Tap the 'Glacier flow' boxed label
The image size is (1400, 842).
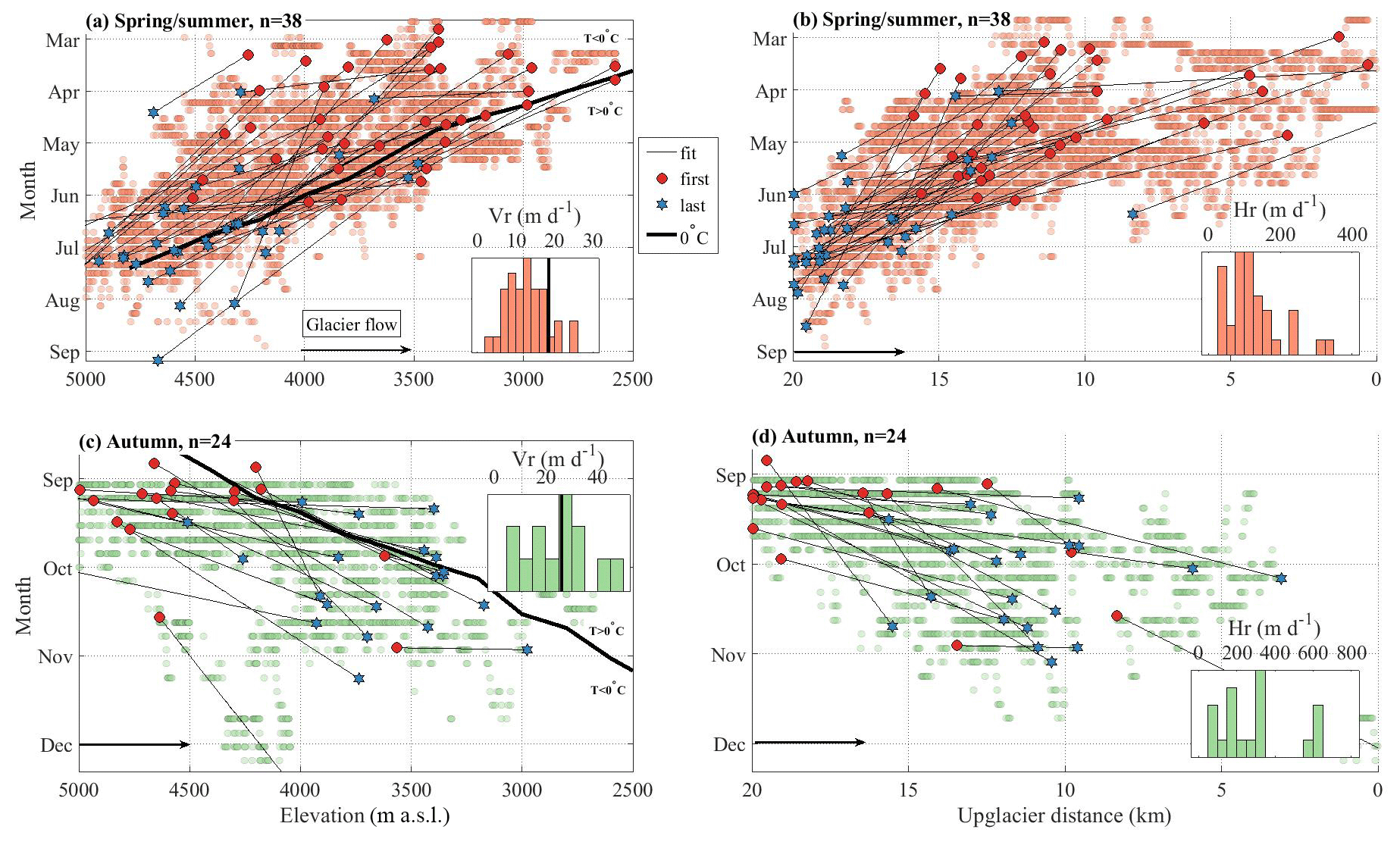(351, 324)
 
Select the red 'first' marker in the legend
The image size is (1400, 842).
(662, 179)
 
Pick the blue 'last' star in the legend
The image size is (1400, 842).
(662, 205)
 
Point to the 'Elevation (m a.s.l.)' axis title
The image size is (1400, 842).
(365, 816)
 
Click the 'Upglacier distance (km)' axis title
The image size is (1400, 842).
(1063, 816)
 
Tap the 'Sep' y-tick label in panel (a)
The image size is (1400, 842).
(64, 352)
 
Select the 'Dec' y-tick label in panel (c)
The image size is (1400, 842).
(56, 745)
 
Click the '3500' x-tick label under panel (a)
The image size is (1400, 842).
(413, 379)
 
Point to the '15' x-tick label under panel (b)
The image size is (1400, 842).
(938, 379)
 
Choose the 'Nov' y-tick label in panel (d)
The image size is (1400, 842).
(728, 655)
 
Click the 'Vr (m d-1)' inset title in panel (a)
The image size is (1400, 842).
(534, 216)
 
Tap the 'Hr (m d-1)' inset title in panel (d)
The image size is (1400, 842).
(1273, 628)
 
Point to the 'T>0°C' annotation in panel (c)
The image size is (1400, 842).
(606, 631)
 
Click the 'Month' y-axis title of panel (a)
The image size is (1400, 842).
(28, 190)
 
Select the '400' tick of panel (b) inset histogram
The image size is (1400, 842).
(1351, 234)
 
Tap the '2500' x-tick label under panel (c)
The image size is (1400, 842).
(632, 790)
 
